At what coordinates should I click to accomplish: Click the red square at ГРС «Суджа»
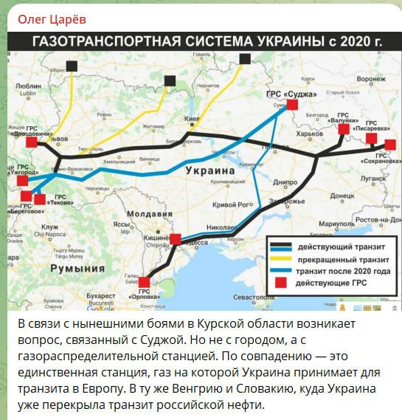(x=291, y=105)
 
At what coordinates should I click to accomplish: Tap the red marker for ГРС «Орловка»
(x=145, y=281)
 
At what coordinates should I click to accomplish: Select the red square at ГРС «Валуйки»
(x=344, y=130)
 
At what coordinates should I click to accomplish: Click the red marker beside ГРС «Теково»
(x=40, y=199)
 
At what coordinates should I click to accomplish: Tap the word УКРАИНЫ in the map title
(x=294, y=41)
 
